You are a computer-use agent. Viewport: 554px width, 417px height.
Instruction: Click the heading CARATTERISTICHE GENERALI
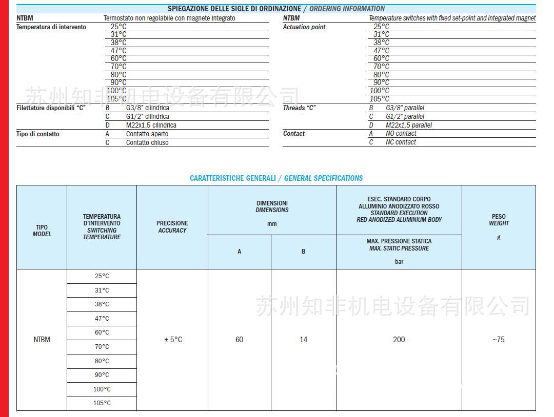point(232,178)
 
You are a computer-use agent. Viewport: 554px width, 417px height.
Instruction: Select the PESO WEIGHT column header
point(499,220)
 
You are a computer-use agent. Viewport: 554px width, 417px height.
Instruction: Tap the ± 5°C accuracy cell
point(173,340)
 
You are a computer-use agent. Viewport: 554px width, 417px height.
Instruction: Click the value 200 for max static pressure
point(399,340)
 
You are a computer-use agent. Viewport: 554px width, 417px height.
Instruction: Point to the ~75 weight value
point(498,340)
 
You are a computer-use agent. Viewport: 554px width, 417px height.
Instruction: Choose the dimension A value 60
point(239,340)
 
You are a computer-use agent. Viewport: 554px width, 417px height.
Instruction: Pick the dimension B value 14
point(303,340)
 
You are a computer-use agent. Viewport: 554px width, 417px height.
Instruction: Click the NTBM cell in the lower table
point(42,340)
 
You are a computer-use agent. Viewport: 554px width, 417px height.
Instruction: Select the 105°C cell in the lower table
point(102,403)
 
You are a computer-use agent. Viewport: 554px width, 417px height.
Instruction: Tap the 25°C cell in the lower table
point(102,276)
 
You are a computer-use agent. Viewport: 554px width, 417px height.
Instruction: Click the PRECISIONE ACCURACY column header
point(172,227)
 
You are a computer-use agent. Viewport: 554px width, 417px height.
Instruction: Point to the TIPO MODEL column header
point(42,231)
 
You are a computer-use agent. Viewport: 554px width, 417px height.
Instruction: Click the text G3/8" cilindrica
point(148,108)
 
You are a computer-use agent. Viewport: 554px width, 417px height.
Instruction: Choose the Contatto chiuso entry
point(147,143)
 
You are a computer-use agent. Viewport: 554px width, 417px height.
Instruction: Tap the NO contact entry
point(401,134)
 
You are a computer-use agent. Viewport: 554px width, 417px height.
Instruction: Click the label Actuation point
point(304,27)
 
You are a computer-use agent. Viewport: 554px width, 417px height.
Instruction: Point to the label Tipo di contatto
point(38,134)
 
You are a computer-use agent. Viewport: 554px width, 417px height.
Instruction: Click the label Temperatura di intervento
point(51,27)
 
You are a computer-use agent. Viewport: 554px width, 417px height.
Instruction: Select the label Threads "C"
point(299,108)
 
